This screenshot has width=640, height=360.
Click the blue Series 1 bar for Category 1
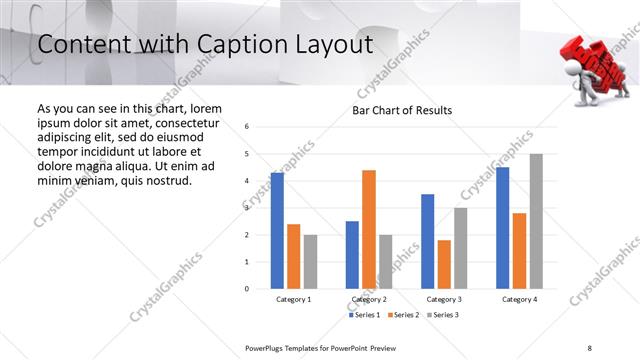pos(277,231)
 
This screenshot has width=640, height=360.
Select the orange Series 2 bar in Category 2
pos(369,229)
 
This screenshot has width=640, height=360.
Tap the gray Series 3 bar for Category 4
pos(536,221)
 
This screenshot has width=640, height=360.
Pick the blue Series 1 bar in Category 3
pos(427,241)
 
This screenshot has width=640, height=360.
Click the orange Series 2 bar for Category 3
pos(444,264)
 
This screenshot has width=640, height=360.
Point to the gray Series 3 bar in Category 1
pos(310,261)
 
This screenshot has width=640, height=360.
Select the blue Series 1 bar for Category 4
pos(502,228)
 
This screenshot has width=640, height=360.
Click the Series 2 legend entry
pos(403,315)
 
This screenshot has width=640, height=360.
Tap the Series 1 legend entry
pos(364,315)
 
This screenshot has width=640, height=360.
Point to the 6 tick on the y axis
pos(247,127)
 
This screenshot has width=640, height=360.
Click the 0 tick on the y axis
pos(247,289)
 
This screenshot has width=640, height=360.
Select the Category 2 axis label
pos(369,299)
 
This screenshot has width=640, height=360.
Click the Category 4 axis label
pos(519,299)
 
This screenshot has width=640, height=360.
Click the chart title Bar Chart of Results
pos(402,110)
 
